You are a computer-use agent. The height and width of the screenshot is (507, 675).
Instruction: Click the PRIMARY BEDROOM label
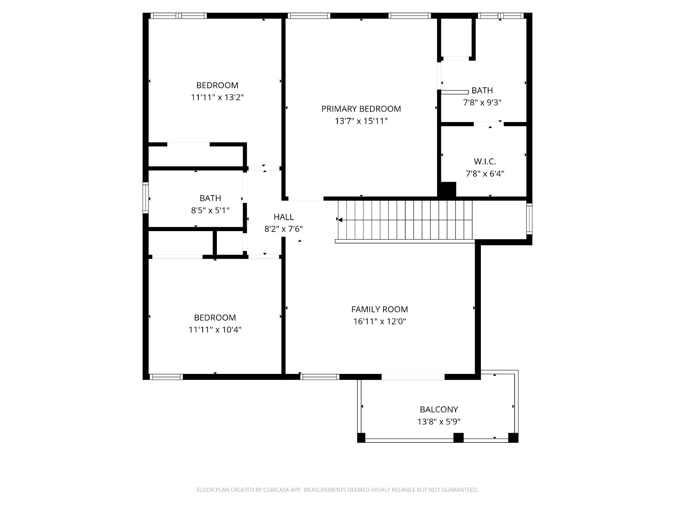(361, 109)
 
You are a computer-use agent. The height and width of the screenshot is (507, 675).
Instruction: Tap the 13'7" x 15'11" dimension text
(361, 121)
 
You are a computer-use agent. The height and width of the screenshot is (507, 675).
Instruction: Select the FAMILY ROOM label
(379, 309)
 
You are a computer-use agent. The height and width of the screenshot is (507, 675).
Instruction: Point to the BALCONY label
(439, 409)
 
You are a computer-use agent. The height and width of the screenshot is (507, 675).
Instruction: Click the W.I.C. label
(485, 161)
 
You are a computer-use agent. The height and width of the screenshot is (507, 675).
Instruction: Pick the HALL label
(283, 217)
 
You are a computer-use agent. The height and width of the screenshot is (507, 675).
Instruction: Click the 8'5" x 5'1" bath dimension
(211, 210)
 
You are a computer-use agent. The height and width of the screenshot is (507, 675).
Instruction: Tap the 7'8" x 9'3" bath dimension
(482, 103)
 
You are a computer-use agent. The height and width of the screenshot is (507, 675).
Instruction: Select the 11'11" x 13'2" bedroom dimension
(217, 97)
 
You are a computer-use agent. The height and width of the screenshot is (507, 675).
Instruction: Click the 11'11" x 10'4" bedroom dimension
(215, 330)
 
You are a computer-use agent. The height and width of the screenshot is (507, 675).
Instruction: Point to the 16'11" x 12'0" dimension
(379, 322)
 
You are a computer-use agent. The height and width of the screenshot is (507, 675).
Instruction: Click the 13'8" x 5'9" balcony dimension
(439, 421)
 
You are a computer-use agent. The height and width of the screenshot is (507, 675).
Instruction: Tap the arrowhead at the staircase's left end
(340, 220)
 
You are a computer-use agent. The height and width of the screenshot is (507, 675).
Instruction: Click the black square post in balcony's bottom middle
(459, 437)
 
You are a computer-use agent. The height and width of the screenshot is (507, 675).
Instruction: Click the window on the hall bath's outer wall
(146, 198)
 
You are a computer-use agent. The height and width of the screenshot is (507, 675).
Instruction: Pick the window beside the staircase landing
(529, 219)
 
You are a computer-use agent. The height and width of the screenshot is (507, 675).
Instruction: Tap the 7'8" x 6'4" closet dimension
(485, 174)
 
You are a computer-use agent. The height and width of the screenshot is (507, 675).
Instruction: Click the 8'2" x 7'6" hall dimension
(283, 229)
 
